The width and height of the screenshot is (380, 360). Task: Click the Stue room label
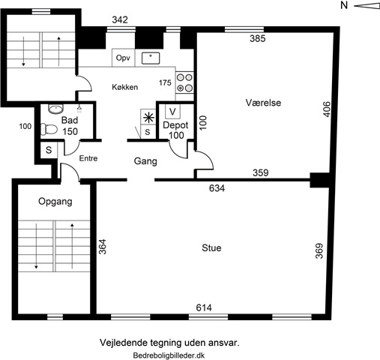211,248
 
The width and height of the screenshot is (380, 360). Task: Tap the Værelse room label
263,103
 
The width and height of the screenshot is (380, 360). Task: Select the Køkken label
125,87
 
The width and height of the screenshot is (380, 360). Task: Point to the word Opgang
55,202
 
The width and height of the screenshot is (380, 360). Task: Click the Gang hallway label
145,161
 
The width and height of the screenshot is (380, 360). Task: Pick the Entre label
88,158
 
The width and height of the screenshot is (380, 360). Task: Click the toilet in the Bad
49,129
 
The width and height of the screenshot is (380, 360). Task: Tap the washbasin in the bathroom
55,109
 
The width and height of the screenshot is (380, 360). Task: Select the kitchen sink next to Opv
151,58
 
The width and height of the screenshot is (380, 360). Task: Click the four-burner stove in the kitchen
184,83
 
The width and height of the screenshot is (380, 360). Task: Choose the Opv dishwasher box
123,58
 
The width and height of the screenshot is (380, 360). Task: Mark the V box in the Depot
172,111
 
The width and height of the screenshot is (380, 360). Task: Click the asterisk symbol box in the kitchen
148,117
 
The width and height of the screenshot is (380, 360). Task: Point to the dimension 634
217,188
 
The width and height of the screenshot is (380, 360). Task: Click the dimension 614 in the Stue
204,307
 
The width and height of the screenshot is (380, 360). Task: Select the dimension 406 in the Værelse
327,109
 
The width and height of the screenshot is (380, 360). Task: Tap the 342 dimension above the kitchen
120,19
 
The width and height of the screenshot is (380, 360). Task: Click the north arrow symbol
367,6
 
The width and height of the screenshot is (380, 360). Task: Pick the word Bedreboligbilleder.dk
169,355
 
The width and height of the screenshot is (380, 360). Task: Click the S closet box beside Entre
49,150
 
